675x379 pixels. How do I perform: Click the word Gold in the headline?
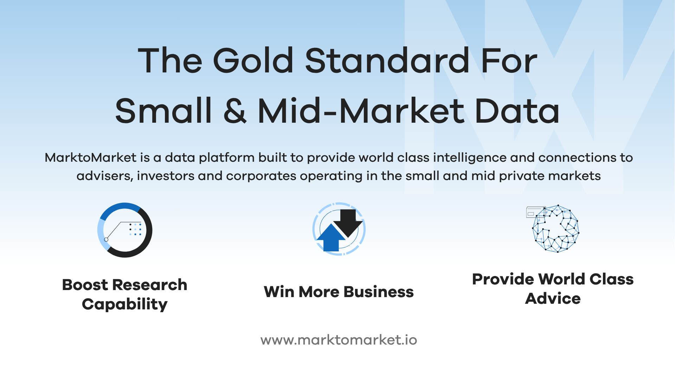pos(253,60)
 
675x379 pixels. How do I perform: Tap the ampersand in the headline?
pos(235,111)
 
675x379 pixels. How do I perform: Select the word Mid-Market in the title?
pos(361,111)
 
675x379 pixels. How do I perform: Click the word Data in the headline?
pos(517,111)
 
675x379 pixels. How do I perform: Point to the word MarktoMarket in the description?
pos(90,158)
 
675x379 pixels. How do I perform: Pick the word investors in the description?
pos(166,176)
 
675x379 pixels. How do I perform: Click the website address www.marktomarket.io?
pos(339,340)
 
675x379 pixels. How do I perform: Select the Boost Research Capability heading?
pos(125,294)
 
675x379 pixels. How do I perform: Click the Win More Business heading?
pos(339,292)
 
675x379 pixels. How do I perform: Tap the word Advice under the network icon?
pos(553,298)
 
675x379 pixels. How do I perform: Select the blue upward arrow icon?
pos(331,238)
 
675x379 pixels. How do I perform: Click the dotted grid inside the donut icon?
pos(135,229)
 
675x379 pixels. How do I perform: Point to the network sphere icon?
pos(555,229)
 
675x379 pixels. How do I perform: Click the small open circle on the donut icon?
pos(106,240)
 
